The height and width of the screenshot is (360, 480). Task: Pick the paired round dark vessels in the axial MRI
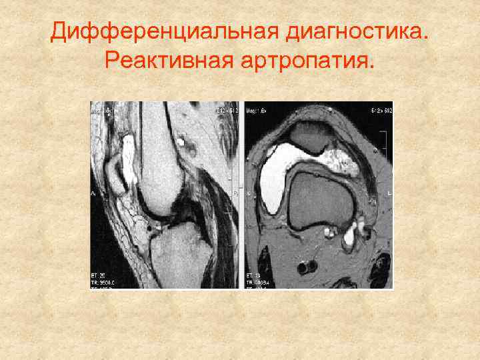point(308,267)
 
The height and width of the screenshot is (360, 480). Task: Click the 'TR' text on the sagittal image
point(99,281)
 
